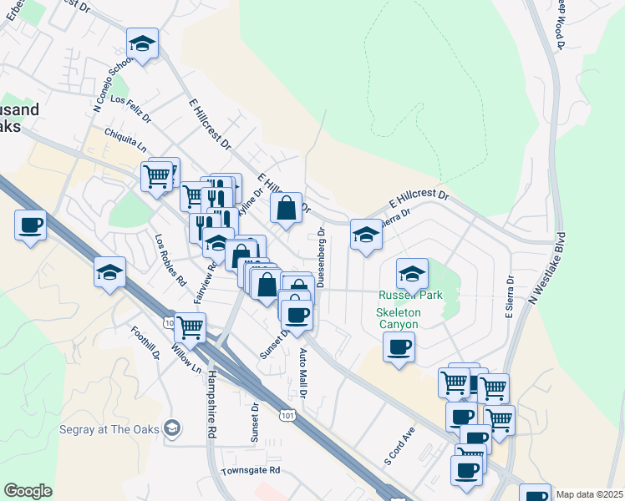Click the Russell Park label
click(x=410, y=295)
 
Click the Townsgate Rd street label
click(x=250, y=471)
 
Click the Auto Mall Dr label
click(x=304, y=372)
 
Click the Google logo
click(x=28, y=491)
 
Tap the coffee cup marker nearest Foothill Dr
click(x=30, y=225)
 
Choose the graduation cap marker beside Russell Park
click(x=412, y=273)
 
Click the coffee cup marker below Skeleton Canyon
click(x=399, y=346)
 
